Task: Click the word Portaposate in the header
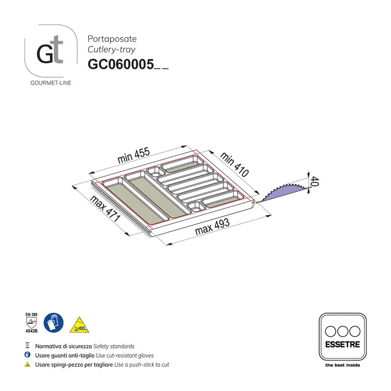112,39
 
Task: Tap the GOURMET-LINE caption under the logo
51,83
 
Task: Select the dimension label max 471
105,209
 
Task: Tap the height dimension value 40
315,182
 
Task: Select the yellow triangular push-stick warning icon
78,324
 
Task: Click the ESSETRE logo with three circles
342,337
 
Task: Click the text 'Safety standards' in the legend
113,346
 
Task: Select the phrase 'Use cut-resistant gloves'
125,355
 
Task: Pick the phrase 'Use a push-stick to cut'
141,365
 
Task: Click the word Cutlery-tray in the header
111,49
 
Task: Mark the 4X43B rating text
31,331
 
